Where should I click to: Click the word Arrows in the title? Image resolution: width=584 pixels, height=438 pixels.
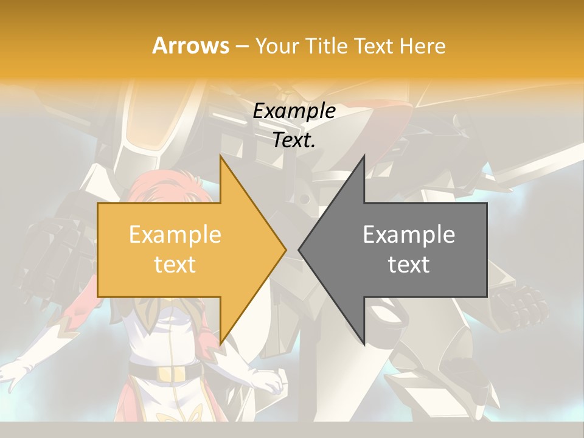coord(190,46)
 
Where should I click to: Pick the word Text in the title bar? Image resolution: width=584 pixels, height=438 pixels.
coord(374,46)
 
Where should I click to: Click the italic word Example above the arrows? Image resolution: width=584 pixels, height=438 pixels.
coord(294,111)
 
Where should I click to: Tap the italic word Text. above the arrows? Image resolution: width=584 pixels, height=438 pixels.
coord(294,141)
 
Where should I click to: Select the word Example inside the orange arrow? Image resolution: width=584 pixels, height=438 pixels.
coord(175,235)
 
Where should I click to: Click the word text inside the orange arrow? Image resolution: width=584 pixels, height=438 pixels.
coord(175,264)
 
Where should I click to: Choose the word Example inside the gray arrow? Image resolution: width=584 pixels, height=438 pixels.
coord(409,235)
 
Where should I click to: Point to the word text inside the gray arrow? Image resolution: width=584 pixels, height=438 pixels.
coord(409,264)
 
